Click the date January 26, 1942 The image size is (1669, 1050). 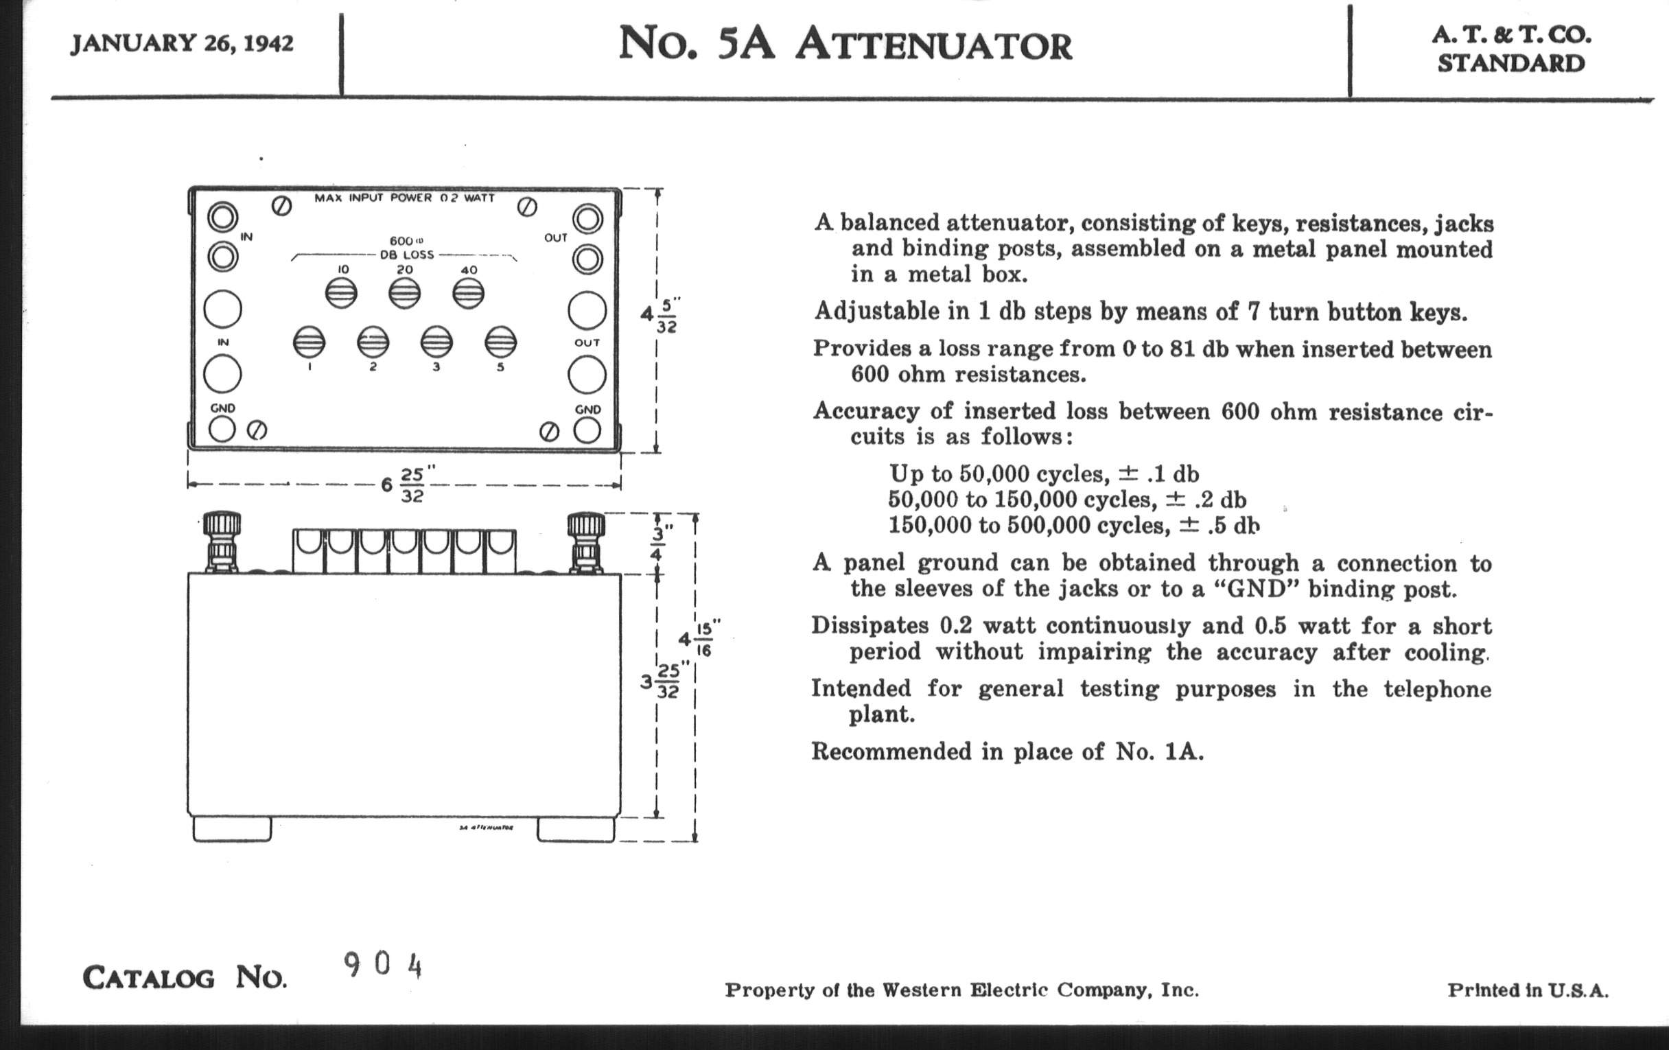click(x=182, y=43)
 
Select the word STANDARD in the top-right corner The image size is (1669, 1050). click(x=1510, y=64)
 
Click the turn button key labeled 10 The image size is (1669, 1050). click(x=341, y=293)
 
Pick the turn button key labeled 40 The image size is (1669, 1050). click(x=469, y=293)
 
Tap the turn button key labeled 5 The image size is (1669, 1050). click(x=500, y=342)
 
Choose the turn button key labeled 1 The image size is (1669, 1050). click(x=309, y=342)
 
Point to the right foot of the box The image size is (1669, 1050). click(x=575, y=830)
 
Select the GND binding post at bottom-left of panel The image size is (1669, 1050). click(x=222, y=429)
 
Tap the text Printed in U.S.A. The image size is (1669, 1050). click(x=1528, y=990)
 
